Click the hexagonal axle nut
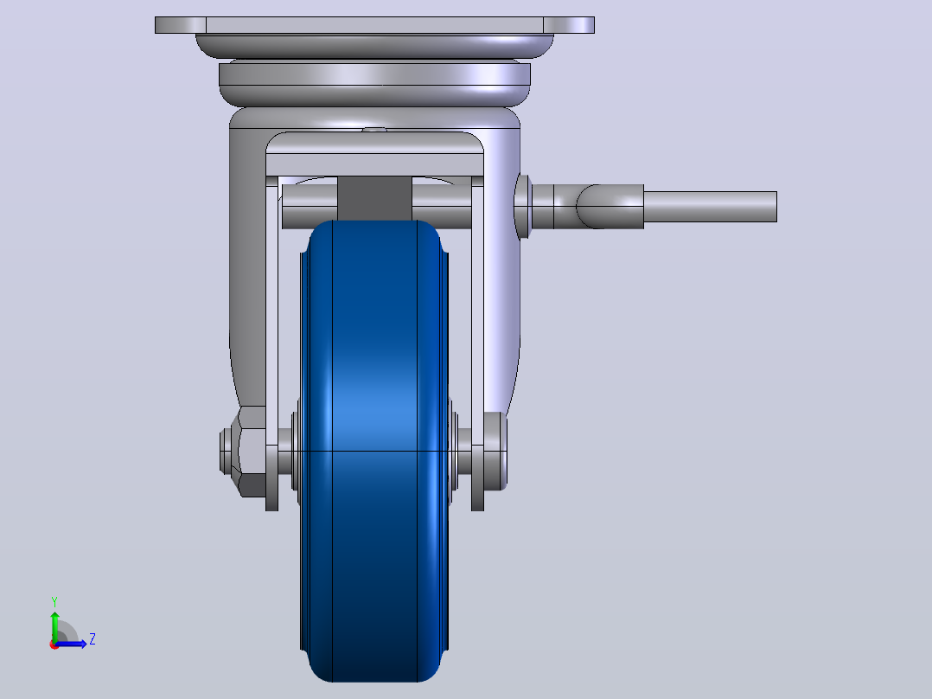tap(252, 452)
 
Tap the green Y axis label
tap(54, 602)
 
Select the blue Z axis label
tap(93, 639)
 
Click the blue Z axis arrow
tap(71, 644)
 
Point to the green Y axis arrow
tap(54, 627)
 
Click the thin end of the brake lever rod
tap(711, 207)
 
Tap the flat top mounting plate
tap(374, 25)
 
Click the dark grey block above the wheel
tap(374, 198)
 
